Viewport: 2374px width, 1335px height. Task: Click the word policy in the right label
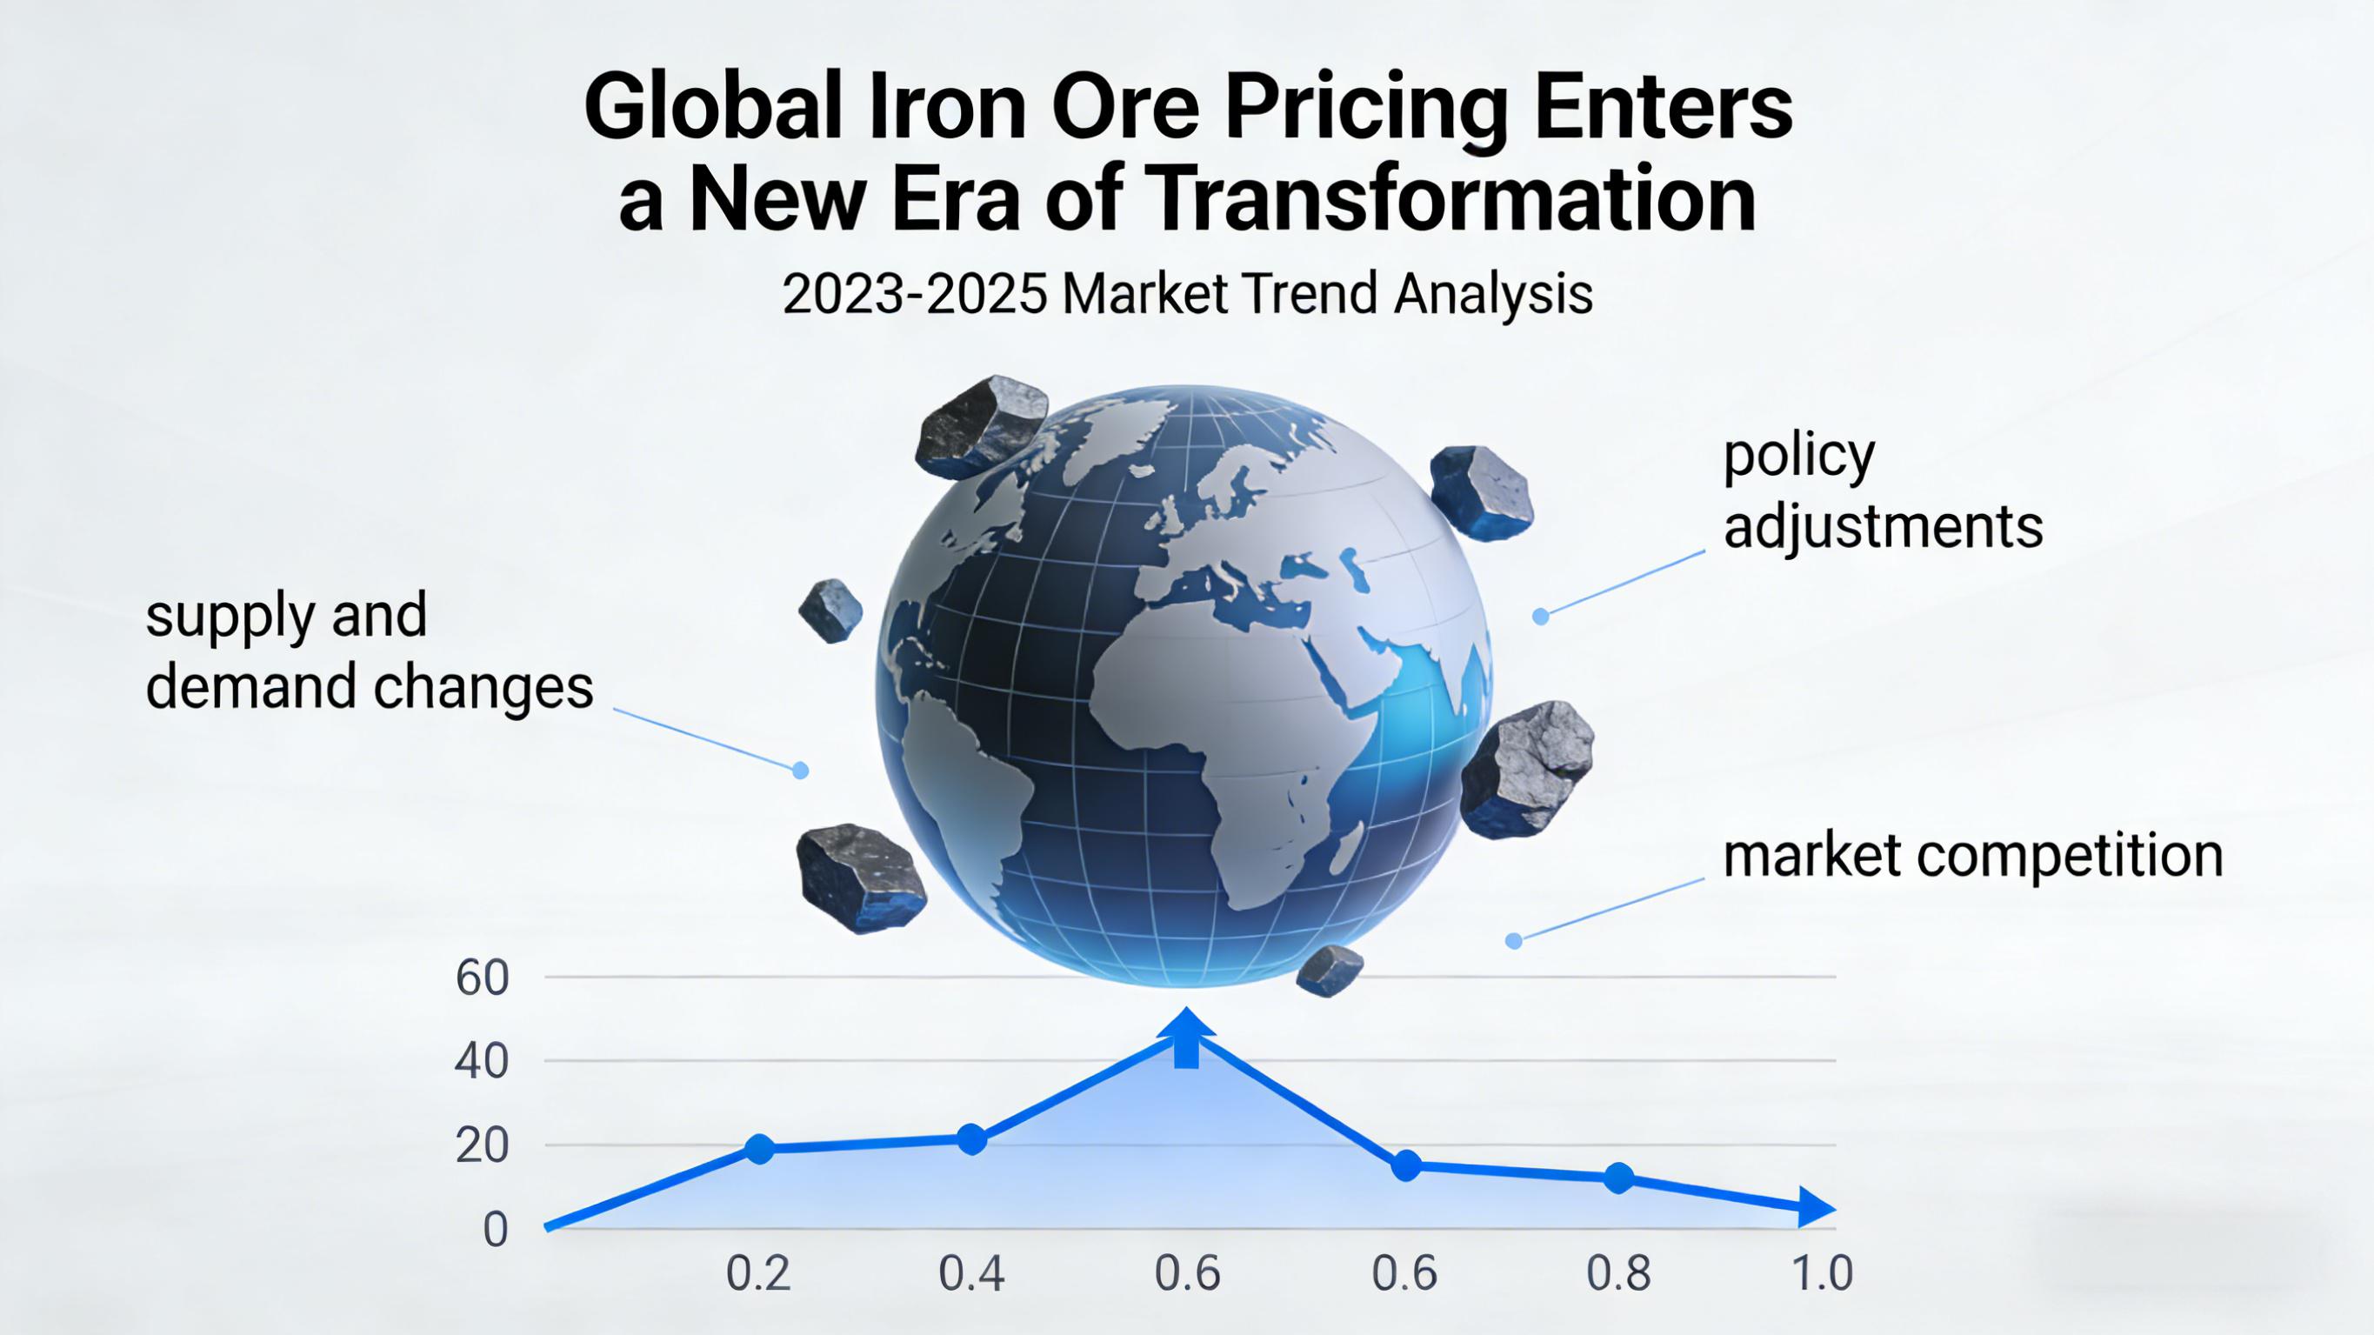[1798, 457]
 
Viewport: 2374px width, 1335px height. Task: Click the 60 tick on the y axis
[482, 979]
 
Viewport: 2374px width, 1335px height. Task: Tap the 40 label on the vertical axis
[482, 1063]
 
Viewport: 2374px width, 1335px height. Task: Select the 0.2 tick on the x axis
[758, 1274]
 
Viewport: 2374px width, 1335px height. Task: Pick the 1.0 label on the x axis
[1821, 1274]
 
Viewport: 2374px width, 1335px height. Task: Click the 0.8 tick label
[1618, 1274]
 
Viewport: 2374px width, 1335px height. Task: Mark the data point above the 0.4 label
[971, 1139]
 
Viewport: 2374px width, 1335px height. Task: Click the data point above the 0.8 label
[1618, 1178]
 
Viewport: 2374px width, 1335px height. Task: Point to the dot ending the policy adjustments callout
[1541, 616]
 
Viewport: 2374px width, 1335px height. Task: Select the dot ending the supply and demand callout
[801, 770]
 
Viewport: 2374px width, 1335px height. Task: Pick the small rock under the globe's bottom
[1329, 970]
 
